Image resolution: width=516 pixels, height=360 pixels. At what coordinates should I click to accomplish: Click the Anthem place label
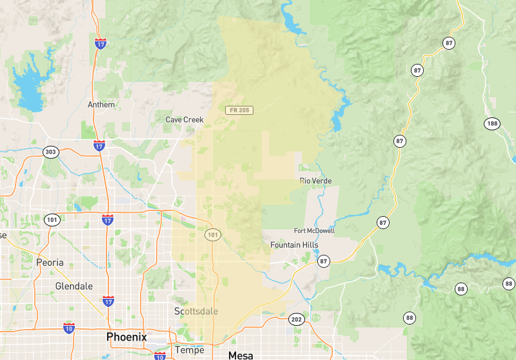[x=101, y=105]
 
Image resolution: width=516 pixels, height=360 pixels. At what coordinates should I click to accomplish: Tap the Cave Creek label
[x=184, y=119]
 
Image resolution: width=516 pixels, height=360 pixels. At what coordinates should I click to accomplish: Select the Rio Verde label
[x=315, y=181]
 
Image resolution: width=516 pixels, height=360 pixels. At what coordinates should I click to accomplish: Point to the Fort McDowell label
[x=314, y=231]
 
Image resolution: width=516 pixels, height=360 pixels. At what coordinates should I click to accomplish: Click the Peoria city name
[x=50, y=263]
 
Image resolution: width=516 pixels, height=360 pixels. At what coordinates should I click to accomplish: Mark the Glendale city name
[x=74, y=286]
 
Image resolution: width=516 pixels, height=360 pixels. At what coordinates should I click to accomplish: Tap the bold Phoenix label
[x=126, y=337]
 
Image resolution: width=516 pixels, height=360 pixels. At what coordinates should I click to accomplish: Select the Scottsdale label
[x=196, y=311]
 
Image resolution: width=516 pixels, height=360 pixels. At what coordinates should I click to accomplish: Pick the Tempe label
[x=189, y=350]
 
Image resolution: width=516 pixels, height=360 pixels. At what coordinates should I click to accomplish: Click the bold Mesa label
[x=242, y=355]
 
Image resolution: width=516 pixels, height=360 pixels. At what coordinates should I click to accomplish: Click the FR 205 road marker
[x=239, y=110]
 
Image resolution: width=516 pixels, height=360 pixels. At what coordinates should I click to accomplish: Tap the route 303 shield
[x=50, y=152]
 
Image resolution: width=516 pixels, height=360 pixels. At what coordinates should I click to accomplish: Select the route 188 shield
[x=492, y=123]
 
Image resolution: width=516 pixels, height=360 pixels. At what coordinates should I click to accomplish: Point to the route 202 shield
[x=297, y=319]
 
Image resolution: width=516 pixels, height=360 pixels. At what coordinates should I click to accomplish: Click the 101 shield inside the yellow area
[x=213, y=235]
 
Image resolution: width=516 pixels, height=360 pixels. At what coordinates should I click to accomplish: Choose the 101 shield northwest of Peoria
[x=52, y=220]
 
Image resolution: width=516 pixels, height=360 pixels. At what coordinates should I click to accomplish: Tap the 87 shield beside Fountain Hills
[x=323, y=261]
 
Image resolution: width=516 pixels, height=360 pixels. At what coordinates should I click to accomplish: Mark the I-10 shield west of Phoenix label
[x=69, y=328]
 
